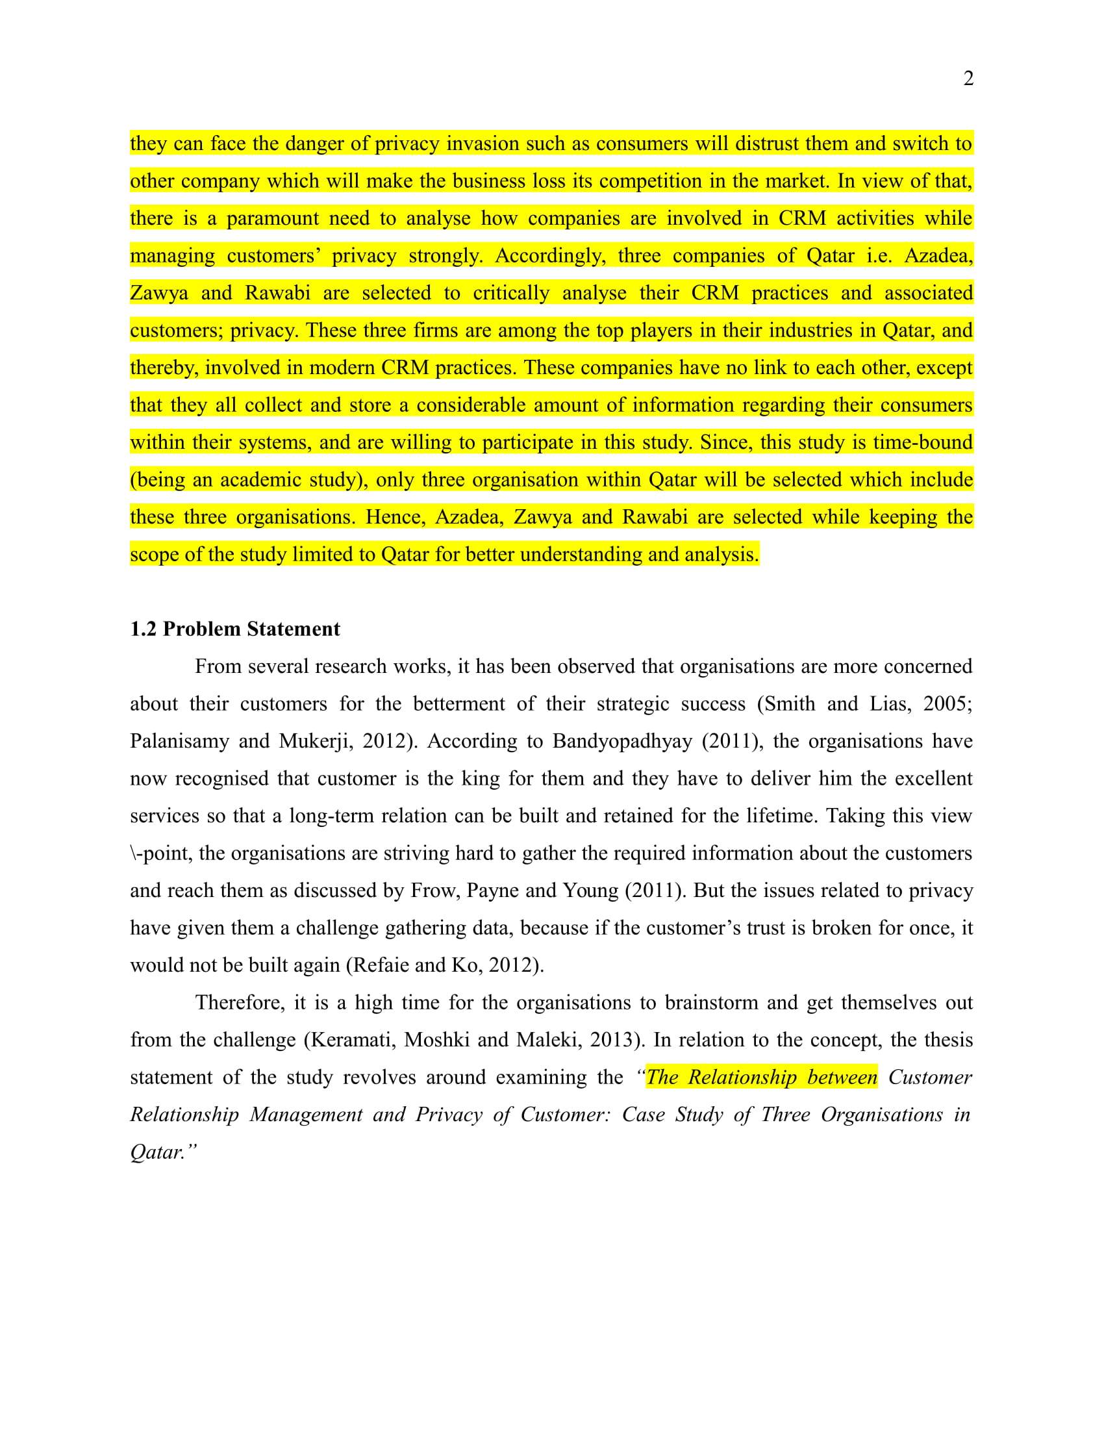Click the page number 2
[x=969, y=79]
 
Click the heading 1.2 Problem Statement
[x=235, y=629]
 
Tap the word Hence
[x=395, y=517]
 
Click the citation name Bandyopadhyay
[x=622, y=741]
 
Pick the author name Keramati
[x=351, y=1040]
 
